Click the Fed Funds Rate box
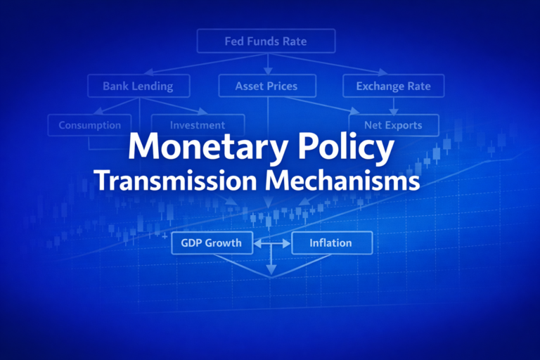pos(266,41)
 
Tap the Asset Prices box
pos(266,86)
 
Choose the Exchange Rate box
pos(393,86)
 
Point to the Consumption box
pos(89,125)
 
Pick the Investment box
pos(198,125)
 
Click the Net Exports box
pos(393,125)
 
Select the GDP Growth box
pos(211,243)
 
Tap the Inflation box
pos(331,243)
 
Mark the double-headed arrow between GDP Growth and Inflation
pos(271,244)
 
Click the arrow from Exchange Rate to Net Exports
pos(393,105)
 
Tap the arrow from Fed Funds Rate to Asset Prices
pos(267,64)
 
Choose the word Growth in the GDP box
pos(224,243)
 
